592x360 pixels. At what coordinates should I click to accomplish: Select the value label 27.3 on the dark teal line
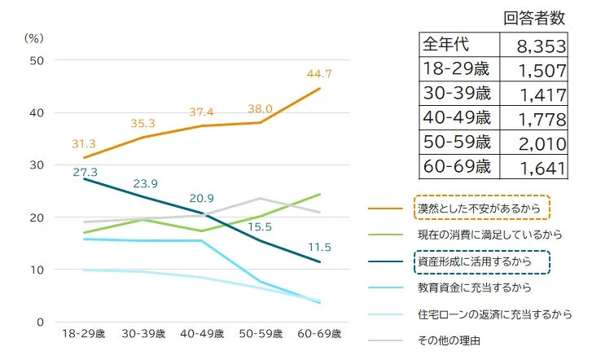(x=85, y=173)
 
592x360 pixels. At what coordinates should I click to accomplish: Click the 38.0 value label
(x=261, y=109)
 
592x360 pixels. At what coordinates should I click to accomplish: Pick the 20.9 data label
(x=202, y=198)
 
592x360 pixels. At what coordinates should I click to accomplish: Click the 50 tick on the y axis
(x=37, y=60)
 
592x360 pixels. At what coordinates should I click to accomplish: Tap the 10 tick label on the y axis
(x=37, y=270)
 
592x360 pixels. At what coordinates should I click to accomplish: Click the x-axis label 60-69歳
(x=320, y=334)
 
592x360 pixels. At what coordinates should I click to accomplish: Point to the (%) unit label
(x=33, y=37)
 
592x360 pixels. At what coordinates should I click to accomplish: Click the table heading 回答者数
(x=535, y=17)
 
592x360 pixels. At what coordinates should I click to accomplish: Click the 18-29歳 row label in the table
(x=456, y=68)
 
